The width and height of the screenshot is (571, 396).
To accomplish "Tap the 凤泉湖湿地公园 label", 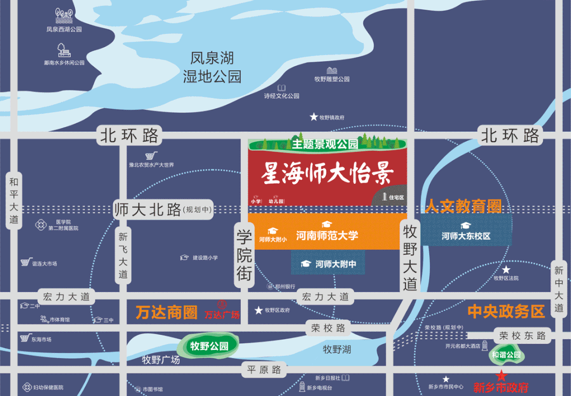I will pyautogui.click(x=212, y=67).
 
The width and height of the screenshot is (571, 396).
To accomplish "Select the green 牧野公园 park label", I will pyautogui.click(x=209, y=346).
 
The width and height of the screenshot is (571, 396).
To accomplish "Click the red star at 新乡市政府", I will pyautogui.click(x=501, y=376).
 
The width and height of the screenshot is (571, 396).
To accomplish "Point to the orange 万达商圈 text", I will pyautogui.click(x=166, y=313).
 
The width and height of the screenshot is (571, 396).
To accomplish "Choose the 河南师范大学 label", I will pyautogui.click(x=327, y=235).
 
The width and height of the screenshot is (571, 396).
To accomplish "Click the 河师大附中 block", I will pyautogui.click(x=328, y=263).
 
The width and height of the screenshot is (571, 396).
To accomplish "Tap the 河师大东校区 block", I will pyautogui.click(x=466, y=236).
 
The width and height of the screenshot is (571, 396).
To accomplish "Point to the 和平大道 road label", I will pyautogui.click(x=14, y=201).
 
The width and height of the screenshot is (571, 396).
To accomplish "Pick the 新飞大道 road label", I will pyautogui.click(x=123, y=256).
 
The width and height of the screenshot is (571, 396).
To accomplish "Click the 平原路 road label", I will pyautogui.click(x=264, y=370).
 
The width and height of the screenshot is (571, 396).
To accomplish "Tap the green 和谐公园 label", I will pyautogui.click(x=506, y=355).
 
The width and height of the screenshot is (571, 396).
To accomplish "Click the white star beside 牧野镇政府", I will pyautogui.click(x=314, y=117).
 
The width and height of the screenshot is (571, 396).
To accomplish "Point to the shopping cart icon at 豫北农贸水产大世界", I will pyautogui.click(x=151, y=155).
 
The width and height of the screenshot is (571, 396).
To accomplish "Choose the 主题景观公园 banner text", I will pyautogui.click(x=324, y=143).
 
